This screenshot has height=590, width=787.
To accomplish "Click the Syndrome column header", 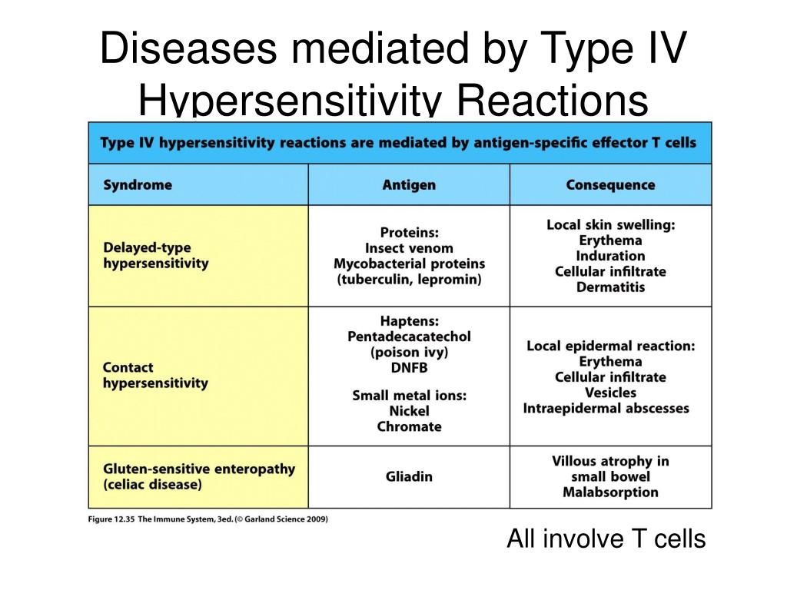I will point(138,185).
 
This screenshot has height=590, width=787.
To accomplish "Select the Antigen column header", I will point(409,185).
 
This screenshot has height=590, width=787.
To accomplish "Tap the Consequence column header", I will point(610,185).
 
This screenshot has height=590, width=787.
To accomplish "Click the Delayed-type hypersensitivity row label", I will point(156,256).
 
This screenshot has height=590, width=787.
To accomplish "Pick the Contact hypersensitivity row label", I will point(155,375).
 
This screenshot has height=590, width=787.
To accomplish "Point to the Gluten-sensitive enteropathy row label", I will point(198,477).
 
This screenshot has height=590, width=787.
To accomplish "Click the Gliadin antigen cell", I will point(409,477).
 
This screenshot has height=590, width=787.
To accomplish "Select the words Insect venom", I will point(409,248).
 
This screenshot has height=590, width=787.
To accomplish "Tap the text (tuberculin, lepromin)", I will point(409,280).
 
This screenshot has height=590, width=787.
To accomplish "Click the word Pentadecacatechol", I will point(409,336).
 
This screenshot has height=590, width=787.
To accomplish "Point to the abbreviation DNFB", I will point(409,368).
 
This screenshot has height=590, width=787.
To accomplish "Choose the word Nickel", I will point(409,411).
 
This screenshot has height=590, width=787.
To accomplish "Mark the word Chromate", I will point(409,427).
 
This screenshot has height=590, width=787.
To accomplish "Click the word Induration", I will point(610,256).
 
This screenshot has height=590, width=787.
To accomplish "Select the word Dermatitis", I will point(610,287).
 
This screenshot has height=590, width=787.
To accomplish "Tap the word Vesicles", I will point(610,393).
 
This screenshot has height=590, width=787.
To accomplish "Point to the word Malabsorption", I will point(610,492).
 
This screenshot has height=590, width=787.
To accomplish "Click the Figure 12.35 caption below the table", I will point(207,519).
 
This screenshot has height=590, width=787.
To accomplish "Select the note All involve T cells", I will point(606,540).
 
